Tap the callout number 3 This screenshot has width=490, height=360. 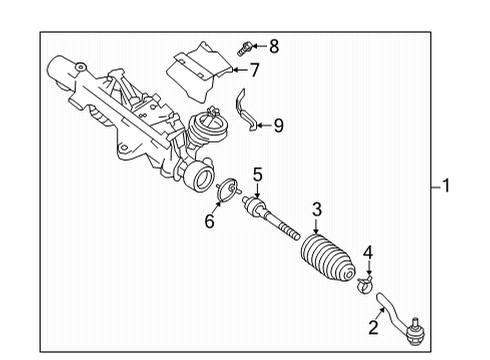pos(316,210)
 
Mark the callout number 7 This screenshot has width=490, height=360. pos(254,70)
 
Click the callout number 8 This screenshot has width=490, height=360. pos(274,45)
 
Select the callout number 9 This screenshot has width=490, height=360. pos(278,125)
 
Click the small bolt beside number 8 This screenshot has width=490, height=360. pos(245,46)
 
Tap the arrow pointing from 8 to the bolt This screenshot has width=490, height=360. pos(259,45)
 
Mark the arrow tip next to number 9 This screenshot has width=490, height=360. pos(251,125)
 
